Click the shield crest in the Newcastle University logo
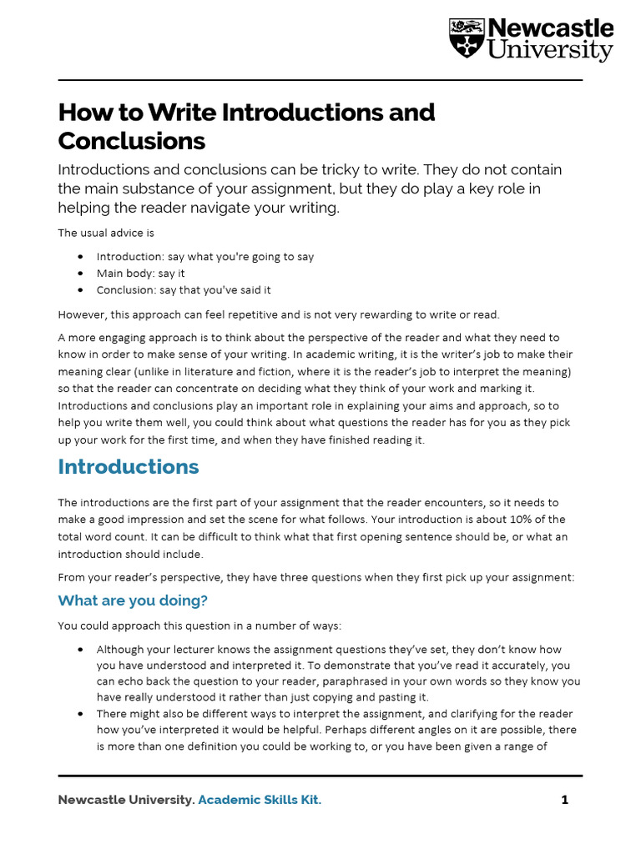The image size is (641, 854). [466, 38]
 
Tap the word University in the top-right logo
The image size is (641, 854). [550, 52]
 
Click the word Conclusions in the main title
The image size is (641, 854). [131, 140]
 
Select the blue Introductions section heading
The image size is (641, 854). [129, 466]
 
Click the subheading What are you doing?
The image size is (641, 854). [133, 600]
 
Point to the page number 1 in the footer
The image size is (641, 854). [565, 800]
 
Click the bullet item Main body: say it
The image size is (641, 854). [140, 274]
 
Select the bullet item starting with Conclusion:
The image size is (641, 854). [183, 290]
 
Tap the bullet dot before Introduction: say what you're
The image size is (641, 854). [80, 257]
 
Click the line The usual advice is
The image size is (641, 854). [106, 233]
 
